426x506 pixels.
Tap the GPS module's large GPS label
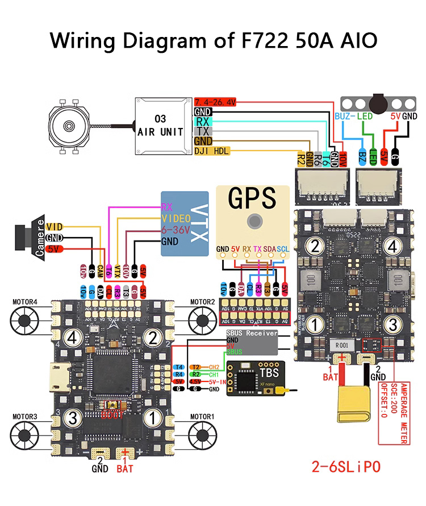252,200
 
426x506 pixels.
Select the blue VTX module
185,223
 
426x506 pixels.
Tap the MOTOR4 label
24,301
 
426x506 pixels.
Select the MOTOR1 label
202,417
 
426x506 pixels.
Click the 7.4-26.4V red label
215,101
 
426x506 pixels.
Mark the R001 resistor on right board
341,345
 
